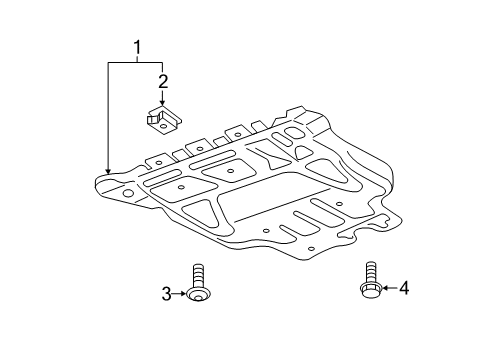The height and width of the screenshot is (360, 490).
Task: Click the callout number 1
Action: tap(137, 48)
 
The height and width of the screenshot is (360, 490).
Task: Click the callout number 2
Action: tap(163, 82)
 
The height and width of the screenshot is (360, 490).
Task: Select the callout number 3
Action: tap(167, 294)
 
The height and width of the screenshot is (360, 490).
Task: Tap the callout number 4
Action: tap(404, 288)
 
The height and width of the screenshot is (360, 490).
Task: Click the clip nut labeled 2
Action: tap(164, 120)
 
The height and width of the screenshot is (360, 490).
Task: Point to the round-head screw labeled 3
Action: tap(199, 283)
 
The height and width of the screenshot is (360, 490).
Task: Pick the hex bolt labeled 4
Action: tap(371, 280)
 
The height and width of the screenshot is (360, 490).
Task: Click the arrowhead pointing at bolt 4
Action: tap(384, 288)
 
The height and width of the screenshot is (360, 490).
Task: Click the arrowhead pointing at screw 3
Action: tap(184, 294)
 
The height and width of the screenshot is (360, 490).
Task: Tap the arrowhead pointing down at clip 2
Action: tap(163, 103)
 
